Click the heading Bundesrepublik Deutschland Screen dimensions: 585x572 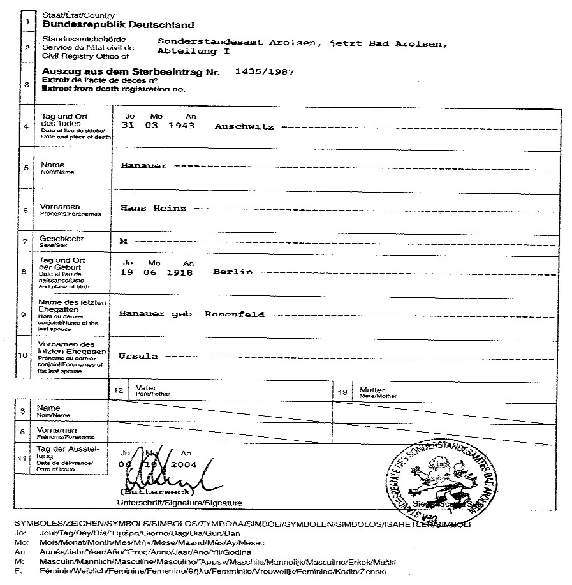[118, 26]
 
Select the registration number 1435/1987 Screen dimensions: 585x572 [265, 72]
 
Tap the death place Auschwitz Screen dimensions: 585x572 [244, 127]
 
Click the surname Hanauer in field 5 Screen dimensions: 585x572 [144, 166]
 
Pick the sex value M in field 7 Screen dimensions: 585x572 [124, 241]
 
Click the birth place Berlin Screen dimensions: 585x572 [233, 272]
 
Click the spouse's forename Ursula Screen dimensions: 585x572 [138, 355]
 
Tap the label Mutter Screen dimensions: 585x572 [372, 390]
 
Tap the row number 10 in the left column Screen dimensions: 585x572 [23, 355]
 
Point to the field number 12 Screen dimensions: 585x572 [117, 390]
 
